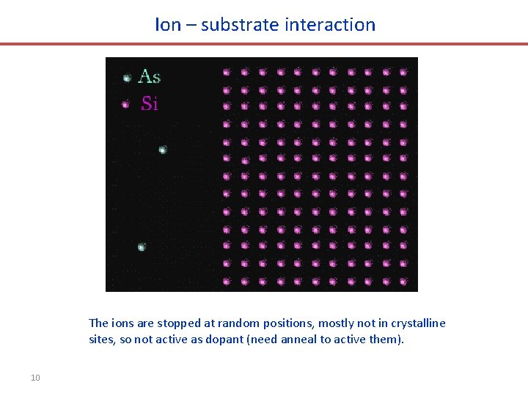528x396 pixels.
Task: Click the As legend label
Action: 149,76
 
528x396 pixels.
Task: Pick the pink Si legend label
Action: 149,103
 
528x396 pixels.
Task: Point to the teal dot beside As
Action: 126,77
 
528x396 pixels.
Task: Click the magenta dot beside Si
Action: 126,104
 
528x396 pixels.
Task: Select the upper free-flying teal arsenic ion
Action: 163,150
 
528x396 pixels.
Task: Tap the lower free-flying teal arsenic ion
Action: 142,247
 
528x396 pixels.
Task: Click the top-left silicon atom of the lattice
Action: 227,72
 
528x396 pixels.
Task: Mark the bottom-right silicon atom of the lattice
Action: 403,281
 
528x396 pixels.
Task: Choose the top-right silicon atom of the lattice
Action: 403,72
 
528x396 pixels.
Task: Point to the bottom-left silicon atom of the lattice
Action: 227,281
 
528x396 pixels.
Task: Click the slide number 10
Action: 35,378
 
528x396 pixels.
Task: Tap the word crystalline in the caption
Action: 418,323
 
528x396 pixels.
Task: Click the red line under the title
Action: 264,44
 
